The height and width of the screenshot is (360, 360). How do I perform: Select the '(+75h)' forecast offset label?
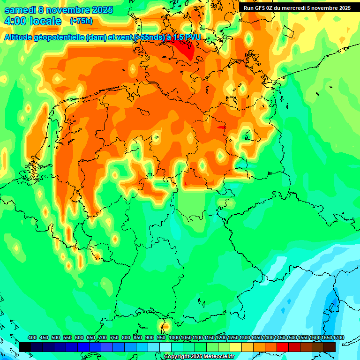point(81,21)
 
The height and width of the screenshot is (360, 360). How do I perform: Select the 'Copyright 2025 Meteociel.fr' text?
point(199,357)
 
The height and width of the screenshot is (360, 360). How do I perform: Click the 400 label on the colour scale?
point(32,337)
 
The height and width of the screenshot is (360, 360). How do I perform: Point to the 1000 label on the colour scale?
point(174,337)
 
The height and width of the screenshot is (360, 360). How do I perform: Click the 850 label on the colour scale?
point(138,337)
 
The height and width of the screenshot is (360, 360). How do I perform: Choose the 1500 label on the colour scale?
point(292,337)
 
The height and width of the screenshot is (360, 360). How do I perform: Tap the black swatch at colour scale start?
point(25,346)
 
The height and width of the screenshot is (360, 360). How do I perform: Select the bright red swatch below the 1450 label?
point(283,346)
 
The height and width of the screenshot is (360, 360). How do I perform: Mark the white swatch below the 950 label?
point(165,346)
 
